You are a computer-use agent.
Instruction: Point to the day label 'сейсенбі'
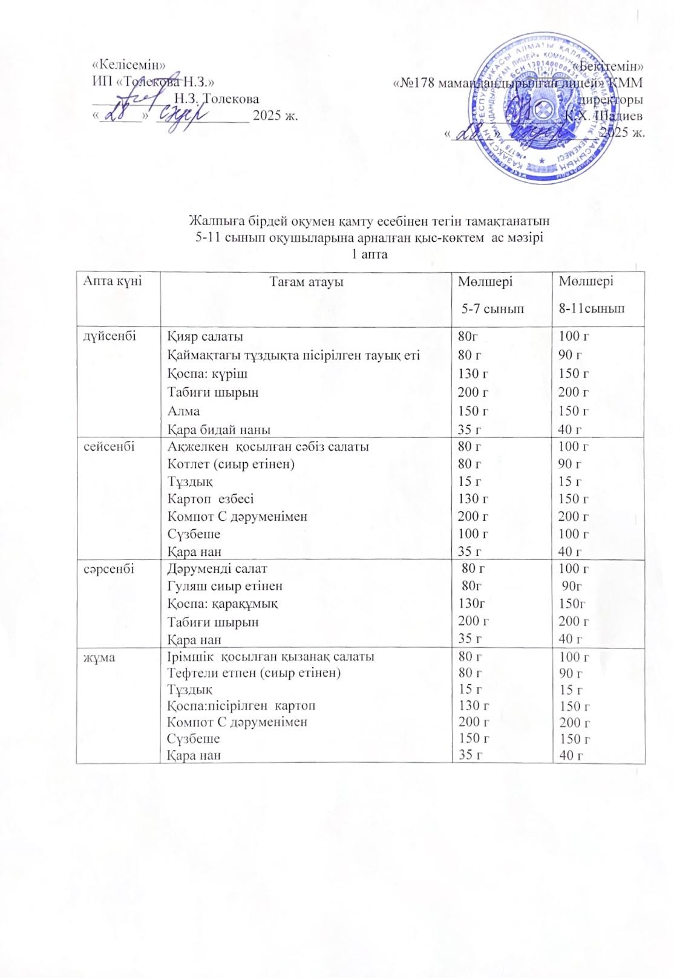[108, 447]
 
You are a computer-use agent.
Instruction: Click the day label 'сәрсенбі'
[108, 569]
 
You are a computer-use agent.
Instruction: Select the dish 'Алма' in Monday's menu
[183, 411]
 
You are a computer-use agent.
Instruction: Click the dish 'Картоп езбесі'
[211, 499]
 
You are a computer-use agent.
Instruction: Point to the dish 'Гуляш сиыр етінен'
[224, 586]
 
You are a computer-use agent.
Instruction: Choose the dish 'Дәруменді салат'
[217, 569]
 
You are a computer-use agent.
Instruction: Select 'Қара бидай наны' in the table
[218, 430]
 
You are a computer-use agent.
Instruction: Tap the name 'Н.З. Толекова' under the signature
[216, 98]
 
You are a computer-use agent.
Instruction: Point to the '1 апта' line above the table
[369, 255]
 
